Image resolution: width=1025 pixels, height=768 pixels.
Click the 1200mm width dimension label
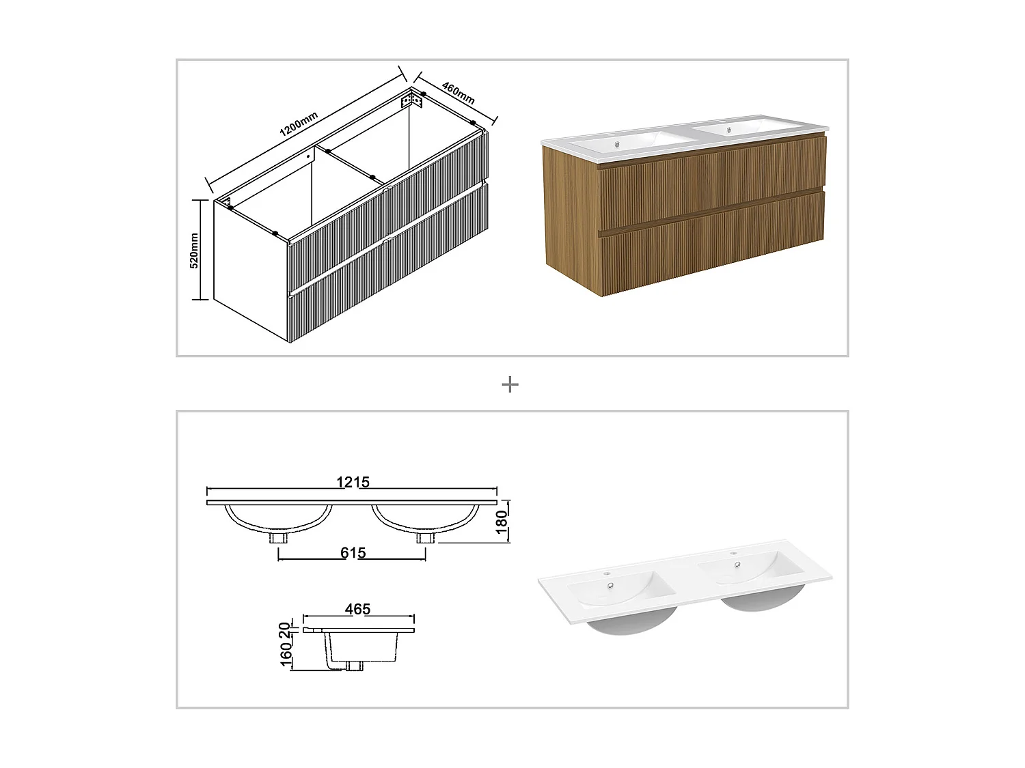[x=299, y=128]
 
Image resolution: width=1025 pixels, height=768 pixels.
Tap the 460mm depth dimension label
[x=459, y=93]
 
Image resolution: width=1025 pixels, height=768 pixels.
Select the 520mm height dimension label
[x=194, y=250]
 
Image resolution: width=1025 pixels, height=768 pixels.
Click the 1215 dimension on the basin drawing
[x=353, y=482]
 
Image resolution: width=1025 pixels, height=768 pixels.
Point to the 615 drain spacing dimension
[x=353, y=553]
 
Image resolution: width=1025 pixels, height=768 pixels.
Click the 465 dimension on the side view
[x=357, y=609]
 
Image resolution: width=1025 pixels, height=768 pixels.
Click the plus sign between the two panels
[x=510, y=385]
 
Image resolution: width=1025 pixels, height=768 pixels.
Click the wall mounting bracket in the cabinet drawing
[x=412, y=101]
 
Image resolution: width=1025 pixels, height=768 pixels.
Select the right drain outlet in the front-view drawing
[x=425, y=537]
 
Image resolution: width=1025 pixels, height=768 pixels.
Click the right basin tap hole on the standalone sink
[x=734, y=554]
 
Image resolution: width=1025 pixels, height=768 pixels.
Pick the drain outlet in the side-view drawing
[x=355, y=666]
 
